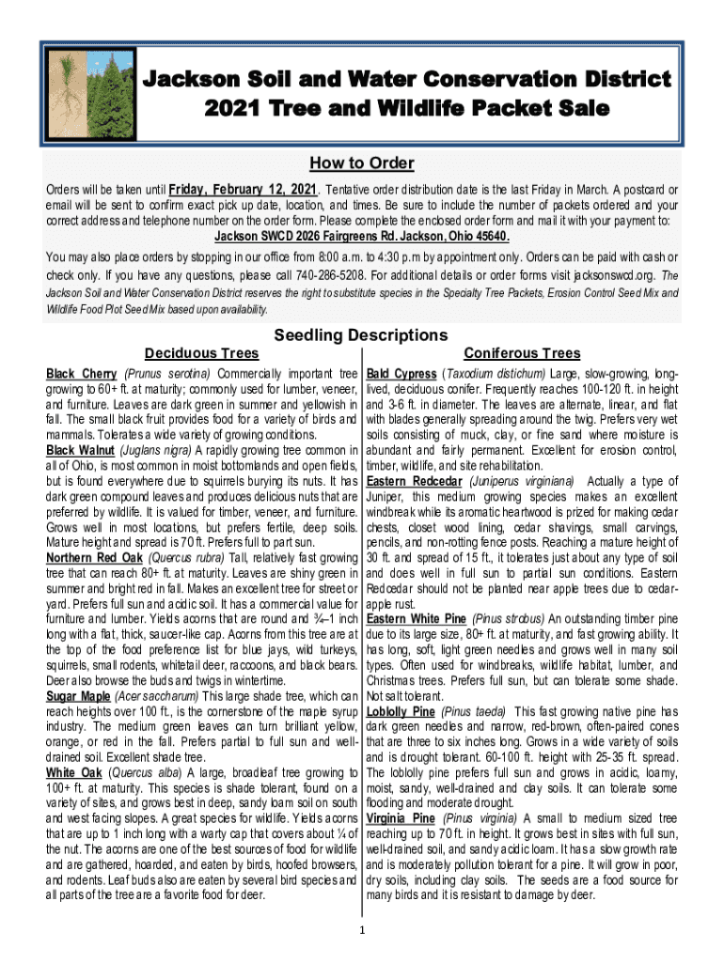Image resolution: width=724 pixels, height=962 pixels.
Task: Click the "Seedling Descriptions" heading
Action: tap(360, 334)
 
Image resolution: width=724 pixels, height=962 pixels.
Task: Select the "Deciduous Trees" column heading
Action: tap(201, 353)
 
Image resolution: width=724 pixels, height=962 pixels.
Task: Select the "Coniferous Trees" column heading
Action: tap(523, 353)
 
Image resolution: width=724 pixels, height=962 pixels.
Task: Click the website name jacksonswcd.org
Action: tap(620, 276)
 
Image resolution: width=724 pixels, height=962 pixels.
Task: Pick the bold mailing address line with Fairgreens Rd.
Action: tap(362, 236)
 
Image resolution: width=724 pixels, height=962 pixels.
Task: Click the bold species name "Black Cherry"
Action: tap(82, 374)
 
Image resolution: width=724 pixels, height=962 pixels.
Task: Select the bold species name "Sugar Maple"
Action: tap(78, 696)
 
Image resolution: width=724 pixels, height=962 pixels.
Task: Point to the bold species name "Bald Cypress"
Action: tap(401, 374)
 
